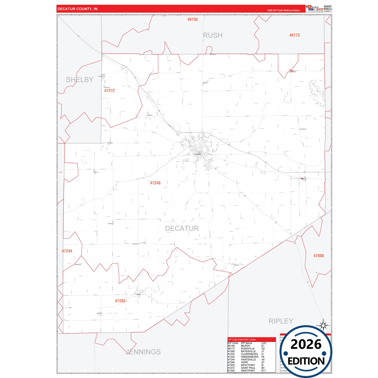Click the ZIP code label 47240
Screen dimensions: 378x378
pyautogui.click(x=155, y=183)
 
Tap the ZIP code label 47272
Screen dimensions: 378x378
pyautogui.click(x=110, y=91)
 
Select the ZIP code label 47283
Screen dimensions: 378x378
pyautogui.click(x=120, y=301)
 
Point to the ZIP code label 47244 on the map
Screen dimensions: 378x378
pyautogui.click(x=67, y=251)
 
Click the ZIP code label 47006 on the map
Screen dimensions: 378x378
pyautogui.click(x=319, y=256)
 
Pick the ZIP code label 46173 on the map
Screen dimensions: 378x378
pyautogui.click(x=294, y=35)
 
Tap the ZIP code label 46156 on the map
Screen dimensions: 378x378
pyautogui.click(x=193, y=20)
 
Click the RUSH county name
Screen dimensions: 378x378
pyautogui.click(x=213, y=35)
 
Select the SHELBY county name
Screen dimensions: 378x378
pyautogui.click(x=80, y=80)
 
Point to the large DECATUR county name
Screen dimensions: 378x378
pyautogui.click(x=182, y=228)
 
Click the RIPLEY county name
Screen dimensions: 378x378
pyautogui.click(x=281, y=321)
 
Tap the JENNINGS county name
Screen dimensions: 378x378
pyautogui.click(x=143, y=352)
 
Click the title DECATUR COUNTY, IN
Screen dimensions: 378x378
pyautogui.click(x=77, y=9)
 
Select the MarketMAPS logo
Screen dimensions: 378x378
pyautogui.click(x=315, y=9)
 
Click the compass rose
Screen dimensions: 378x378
pyautogui.click(x=324, y=326)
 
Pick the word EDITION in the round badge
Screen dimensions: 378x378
pyautogui.click(x=306, y=361)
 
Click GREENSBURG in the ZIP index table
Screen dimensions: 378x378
pyautogui.click(x=250, y=357)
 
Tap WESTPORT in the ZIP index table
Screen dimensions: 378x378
pyautogui.click(x=248, y=371)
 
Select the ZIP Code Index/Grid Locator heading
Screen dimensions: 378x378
pyautogui.click(x=242, y=340)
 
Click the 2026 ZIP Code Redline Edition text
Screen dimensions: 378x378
pyautogui.click(x=284, y=10)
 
